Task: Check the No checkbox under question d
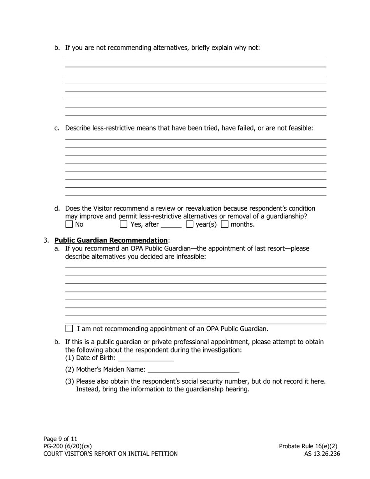point(69,224)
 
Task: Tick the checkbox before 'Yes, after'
point(124,224)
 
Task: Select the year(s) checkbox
point(190,224)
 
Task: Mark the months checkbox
point(225,224)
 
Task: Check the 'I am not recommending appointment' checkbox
point(69,329)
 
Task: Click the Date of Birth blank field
point(146,358)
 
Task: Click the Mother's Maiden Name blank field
point(194,370)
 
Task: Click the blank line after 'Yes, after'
point(171,225)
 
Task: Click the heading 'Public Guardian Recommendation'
point(111,240)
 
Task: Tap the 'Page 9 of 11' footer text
point(60,439)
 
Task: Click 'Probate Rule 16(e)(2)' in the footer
point(308,446)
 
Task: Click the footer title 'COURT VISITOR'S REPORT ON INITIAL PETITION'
point(111,454)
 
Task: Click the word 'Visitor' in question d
point(107,208)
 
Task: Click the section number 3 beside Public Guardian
point(46,240)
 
